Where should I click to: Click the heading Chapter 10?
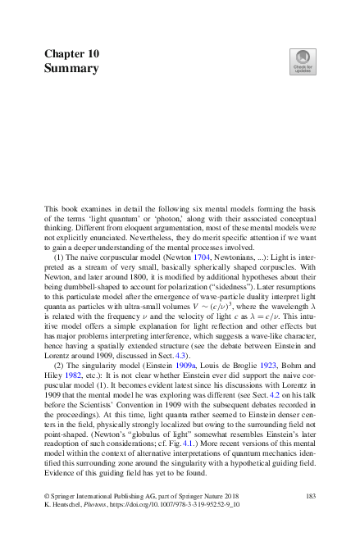72,53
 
